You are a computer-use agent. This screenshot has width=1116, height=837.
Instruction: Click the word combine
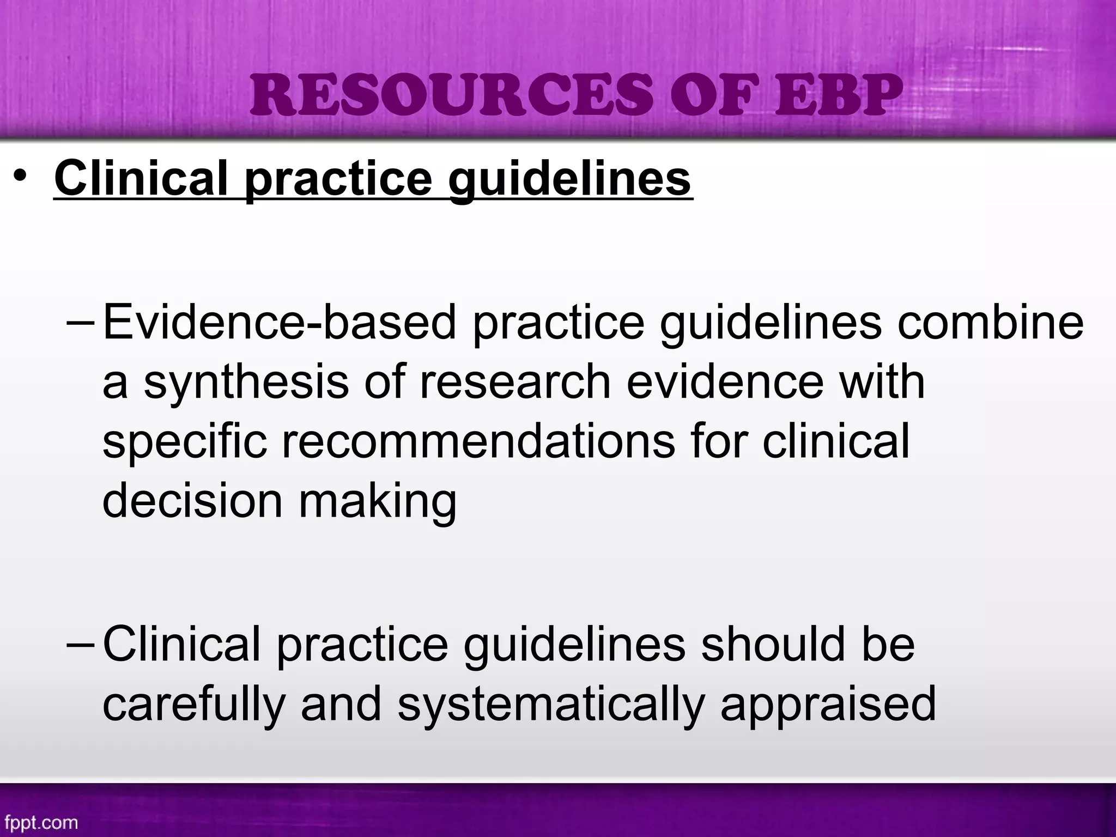(990, 323)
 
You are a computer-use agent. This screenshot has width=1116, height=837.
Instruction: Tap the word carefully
(194, 704)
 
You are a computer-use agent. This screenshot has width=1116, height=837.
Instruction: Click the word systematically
(551, 704)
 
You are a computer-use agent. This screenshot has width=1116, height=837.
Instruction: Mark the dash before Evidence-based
(81, 323)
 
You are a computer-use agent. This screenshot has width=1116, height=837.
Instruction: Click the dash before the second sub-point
(81, 645)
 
